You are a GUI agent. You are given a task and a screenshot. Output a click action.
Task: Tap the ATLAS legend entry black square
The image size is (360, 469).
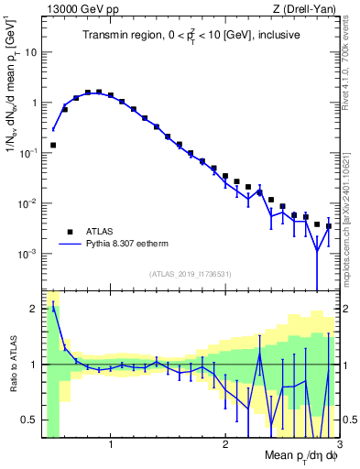tap(68, 232)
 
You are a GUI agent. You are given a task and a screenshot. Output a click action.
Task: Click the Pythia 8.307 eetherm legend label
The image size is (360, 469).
tap(135, 245)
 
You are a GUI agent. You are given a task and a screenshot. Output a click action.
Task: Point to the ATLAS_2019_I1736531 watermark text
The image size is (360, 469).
tap(190, 274)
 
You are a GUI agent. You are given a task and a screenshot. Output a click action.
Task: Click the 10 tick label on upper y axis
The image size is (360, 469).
tap(30, 52)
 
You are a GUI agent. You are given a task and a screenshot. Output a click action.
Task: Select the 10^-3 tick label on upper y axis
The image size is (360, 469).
tap(28, 253)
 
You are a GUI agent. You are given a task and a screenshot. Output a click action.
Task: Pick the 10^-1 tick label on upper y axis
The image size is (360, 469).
tap(28, 153)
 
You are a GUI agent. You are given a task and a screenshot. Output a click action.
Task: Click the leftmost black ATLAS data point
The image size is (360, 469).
tap(53, 145)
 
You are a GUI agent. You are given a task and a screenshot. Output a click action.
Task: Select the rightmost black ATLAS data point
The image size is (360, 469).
tap(328, 226)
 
